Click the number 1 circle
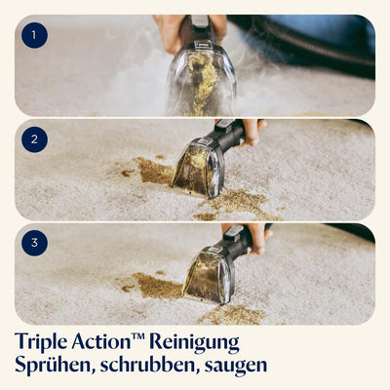coord(35,37)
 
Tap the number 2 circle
coord(35,139)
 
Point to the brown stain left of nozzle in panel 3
coord(156,286)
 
